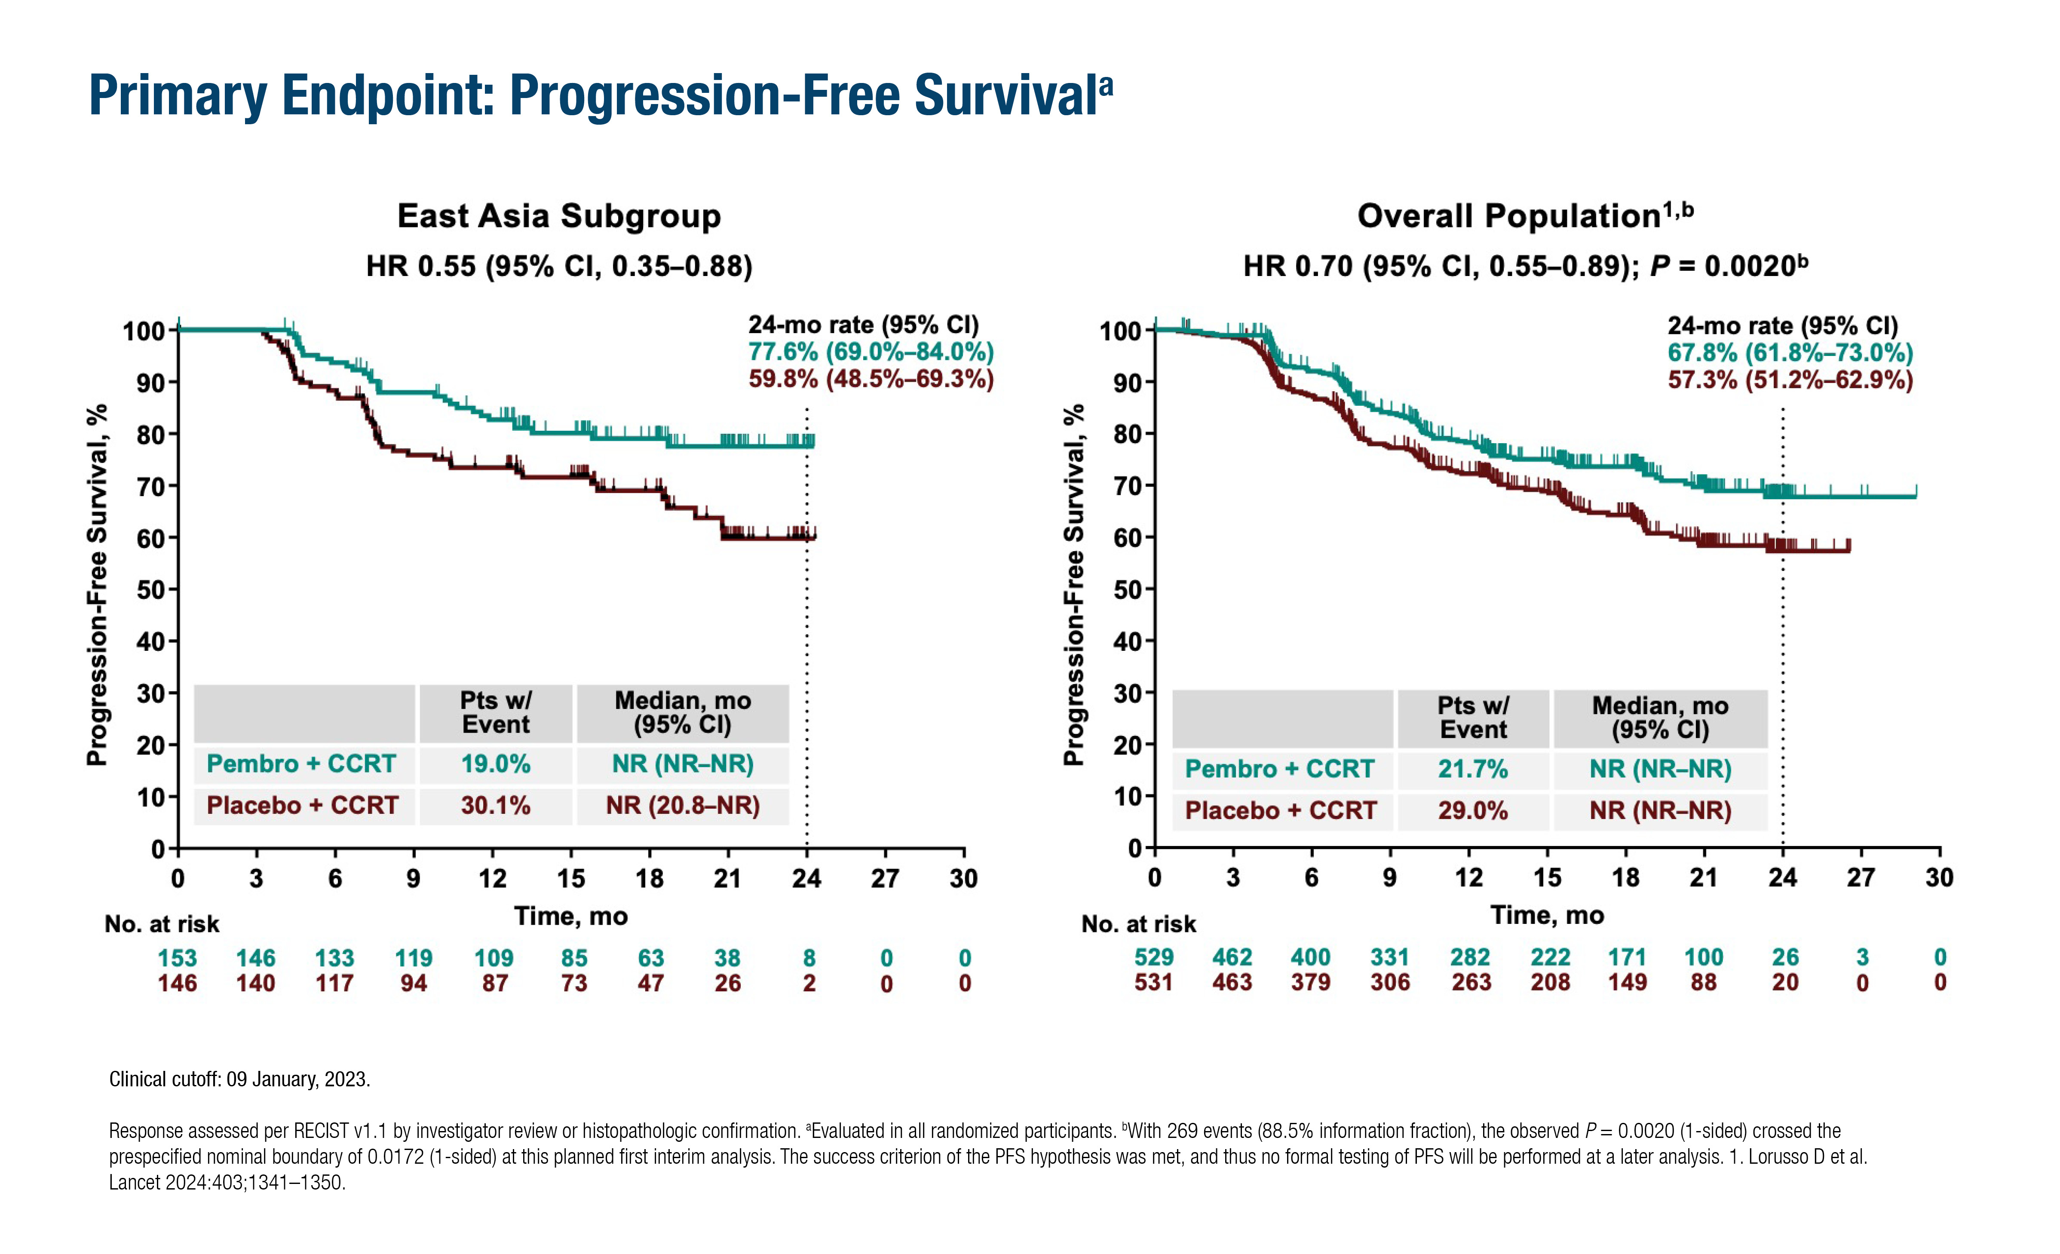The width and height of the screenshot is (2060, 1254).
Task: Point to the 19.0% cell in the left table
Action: point(496,764)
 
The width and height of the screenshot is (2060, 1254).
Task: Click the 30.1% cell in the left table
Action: point(496,806)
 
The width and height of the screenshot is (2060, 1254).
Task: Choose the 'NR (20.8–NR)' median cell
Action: point(682,806)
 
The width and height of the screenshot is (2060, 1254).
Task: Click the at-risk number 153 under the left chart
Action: point(177,958)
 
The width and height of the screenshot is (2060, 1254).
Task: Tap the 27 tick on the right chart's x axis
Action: point(1861,878)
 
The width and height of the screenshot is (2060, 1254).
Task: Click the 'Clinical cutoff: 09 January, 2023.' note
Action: point(239,1079)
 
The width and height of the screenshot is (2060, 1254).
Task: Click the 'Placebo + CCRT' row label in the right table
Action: point(1280,811)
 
